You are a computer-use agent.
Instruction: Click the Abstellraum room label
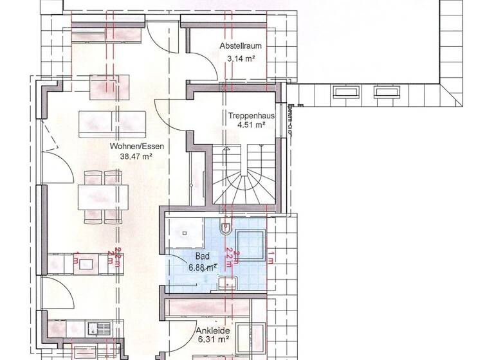pos(239,47)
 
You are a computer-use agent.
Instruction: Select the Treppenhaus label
pos(252,116)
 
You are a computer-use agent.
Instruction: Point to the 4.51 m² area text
pos(251,126)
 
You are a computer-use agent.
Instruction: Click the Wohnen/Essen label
pos(137,146)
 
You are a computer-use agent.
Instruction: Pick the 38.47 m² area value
pos(137,156)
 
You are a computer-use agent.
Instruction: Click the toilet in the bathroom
pos(225,228)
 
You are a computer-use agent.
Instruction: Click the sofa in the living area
pos(113,123)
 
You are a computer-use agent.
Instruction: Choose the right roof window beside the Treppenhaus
pos(387,93)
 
